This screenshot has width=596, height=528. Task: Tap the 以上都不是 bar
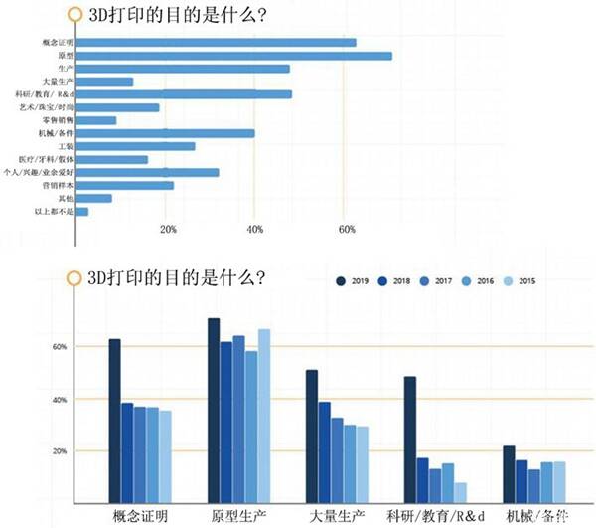click(x=82, y=212)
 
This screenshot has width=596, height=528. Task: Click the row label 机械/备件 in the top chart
click(x=57, y=133)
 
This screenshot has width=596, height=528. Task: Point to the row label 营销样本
click(x=57, y=185)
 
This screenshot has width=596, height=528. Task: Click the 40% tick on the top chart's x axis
click(x=254, y=230)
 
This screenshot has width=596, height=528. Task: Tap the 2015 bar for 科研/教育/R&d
click(x=461, y=492)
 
